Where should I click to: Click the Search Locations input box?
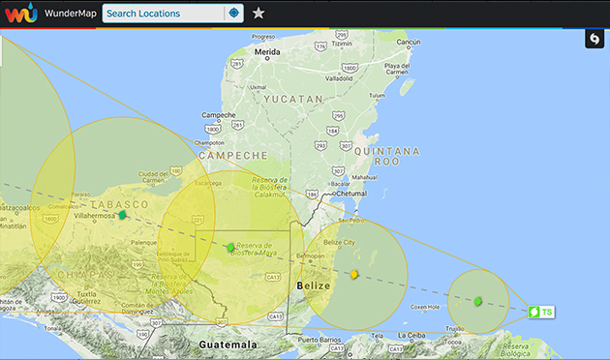163,14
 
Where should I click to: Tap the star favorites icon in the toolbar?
259,14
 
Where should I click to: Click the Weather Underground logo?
20,14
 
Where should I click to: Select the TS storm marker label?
542,312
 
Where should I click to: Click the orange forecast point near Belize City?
354,275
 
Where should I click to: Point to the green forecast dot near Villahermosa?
123,215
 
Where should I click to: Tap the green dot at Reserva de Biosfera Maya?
230,248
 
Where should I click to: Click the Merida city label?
267,51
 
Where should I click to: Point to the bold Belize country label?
314,286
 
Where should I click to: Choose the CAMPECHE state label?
232,155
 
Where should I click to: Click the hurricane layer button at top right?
594,39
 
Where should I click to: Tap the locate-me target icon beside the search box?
232,14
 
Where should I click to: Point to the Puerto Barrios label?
321,340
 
